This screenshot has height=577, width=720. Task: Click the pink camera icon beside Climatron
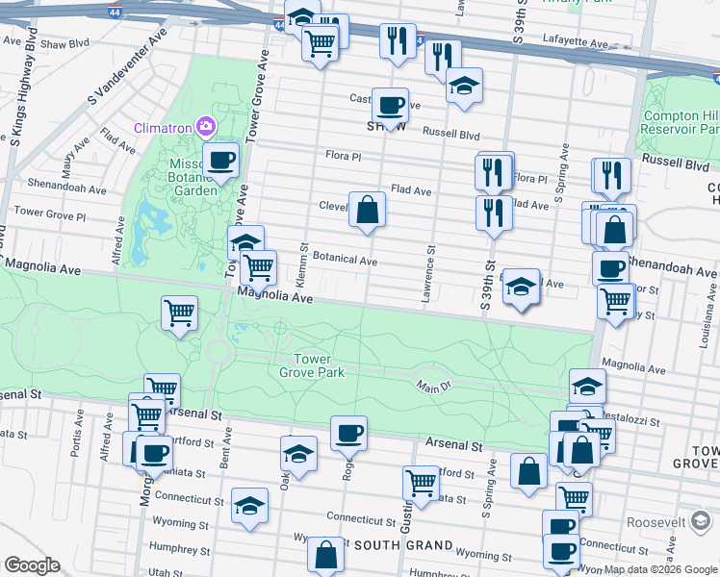pyautogui.click(x=205, y=126)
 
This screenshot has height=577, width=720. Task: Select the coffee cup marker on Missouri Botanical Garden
pyautogui.click(x=220, y=160)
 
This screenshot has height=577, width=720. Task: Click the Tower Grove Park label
pyautogui.click(x=312, y=365)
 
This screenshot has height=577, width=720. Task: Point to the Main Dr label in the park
pyautogui.click(x=434, y=388)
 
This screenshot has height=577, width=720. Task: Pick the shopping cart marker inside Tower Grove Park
pyautogui.click(x=180, y=313)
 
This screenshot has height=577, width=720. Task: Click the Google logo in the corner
pyautogui.click(x=32, y=565)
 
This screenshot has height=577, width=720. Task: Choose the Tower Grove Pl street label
pyautogui.click(x=50, y=211)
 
